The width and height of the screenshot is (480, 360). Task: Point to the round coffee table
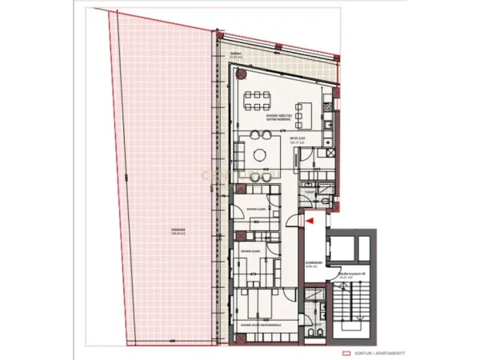click(260, 154)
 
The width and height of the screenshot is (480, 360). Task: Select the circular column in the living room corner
click(239, 72)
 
